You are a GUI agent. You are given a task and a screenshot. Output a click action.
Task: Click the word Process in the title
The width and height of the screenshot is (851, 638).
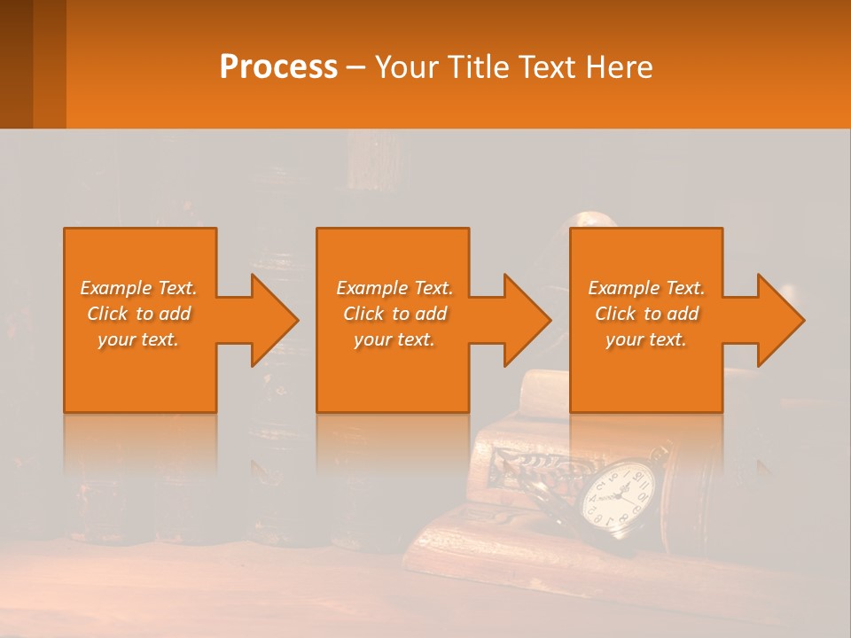pos(278,67)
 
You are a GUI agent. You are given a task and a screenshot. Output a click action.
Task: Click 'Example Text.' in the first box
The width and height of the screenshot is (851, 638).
pos(139,288)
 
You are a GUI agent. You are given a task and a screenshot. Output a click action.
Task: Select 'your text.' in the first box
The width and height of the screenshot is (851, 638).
pos(139,339)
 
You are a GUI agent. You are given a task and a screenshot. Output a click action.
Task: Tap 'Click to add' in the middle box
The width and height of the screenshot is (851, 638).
pos(394,314)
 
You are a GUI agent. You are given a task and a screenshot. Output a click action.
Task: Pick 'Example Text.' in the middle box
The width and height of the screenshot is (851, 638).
pos(394,288)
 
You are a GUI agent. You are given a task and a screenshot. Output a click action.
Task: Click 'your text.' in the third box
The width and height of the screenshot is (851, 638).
pos(646,339)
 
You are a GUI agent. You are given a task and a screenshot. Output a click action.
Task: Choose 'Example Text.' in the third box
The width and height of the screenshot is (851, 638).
pos(646,288)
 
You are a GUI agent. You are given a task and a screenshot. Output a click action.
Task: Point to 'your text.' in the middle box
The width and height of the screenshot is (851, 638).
pos(394,339)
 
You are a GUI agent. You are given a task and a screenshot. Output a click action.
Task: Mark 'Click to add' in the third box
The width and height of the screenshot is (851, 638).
pos(646,314)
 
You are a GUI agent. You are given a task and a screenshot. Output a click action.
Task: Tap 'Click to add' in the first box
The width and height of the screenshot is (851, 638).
pos(139,314)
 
